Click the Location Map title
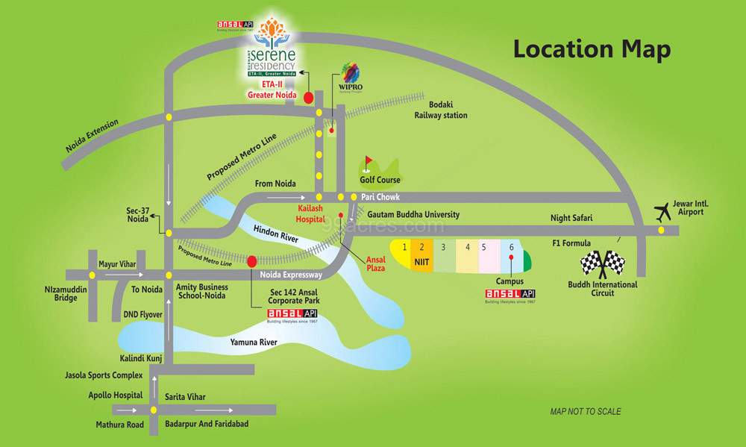tap(592, 50)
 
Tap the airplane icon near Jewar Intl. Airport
tap(661, 212)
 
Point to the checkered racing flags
tap(602, 263)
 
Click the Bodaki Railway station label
tap(441, 110)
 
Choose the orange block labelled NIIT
tap(421, 256)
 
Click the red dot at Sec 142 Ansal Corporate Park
tap(252, 261)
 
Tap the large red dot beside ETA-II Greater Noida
tap(307, 96)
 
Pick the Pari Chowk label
tap(380, 197)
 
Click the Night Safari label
tap(571, 218)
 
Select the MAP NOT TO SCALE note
tap(585, 411)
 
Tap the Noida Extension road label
tap(92, 137)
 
